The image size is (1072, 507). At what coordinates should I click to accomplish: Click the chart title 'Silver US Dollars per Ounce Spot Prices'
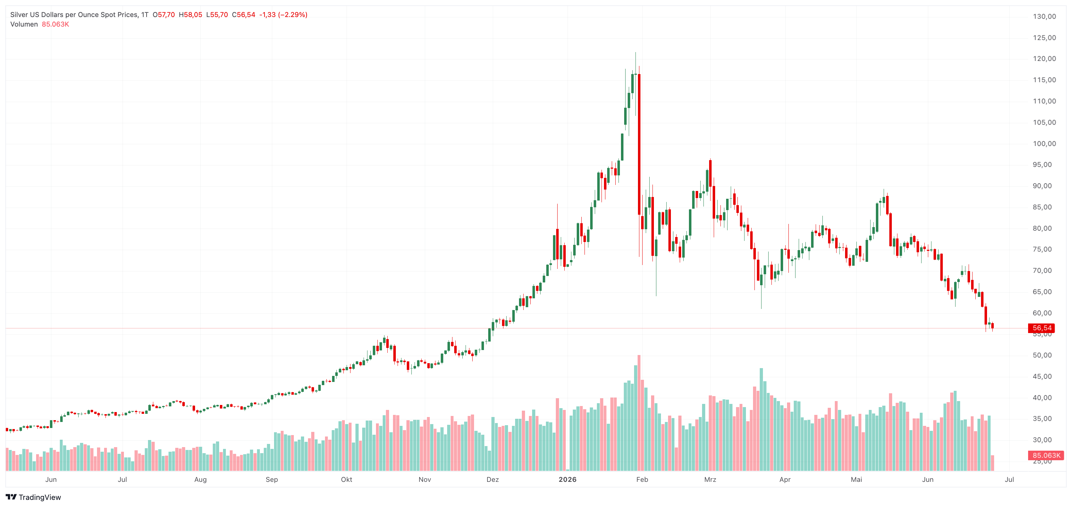(x=74, y=15)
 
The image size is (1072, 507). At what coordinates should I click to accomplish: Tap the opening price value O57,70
(x=164, y=15)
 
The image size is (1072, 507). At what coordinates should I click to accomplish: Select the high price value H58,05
(x=190, y=15)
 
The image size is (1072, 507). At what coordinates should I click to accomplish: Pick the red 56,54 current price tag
(x=1042, y=328)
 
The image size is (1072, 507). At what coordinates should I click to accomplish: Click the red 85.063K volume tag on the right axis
(x=1046, y=455)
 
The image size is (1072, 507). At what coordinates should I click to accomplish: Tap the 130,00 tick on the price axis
(x=1044, y=16)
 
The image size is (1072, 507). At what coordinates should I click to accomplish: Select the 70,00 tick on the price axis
(x=1044, y=270)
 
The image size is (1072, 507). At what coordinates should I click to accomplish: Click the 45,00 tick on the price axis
(x=1044, y=376)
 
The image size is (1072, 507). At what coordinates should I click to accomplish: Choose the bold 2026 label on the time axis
(x=568, y=479)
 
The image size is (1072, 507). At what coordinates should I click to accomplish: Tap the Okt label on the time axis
(x=346, y=479)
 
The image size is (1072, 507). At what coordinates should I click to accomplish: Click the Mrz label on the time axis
(x=710, y=479)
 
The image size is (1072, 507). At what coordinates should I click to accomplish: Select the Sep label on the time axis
(x=272, y=479)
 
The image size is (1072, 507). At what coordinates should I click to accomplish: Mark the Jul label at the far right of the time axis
(x=1009, y=479)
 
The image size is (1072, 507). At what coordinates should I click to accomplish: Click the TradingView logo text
(x=40, y=497)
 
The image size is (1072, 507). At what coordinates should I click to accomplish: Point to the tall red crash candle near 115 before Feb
(x=639, y=144)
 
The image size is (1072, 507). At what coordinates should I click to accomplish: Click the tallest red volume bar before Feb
(x=639, y=413)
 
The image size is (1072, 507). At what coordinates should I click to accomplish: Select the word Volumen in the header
(x=24, y=24)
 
